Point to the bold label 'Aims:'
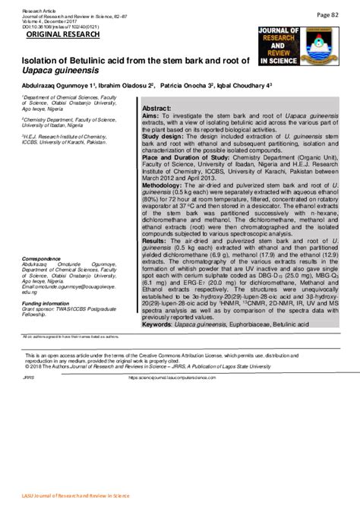pos(151,118)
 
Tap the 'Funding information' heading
pos(49,302)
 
